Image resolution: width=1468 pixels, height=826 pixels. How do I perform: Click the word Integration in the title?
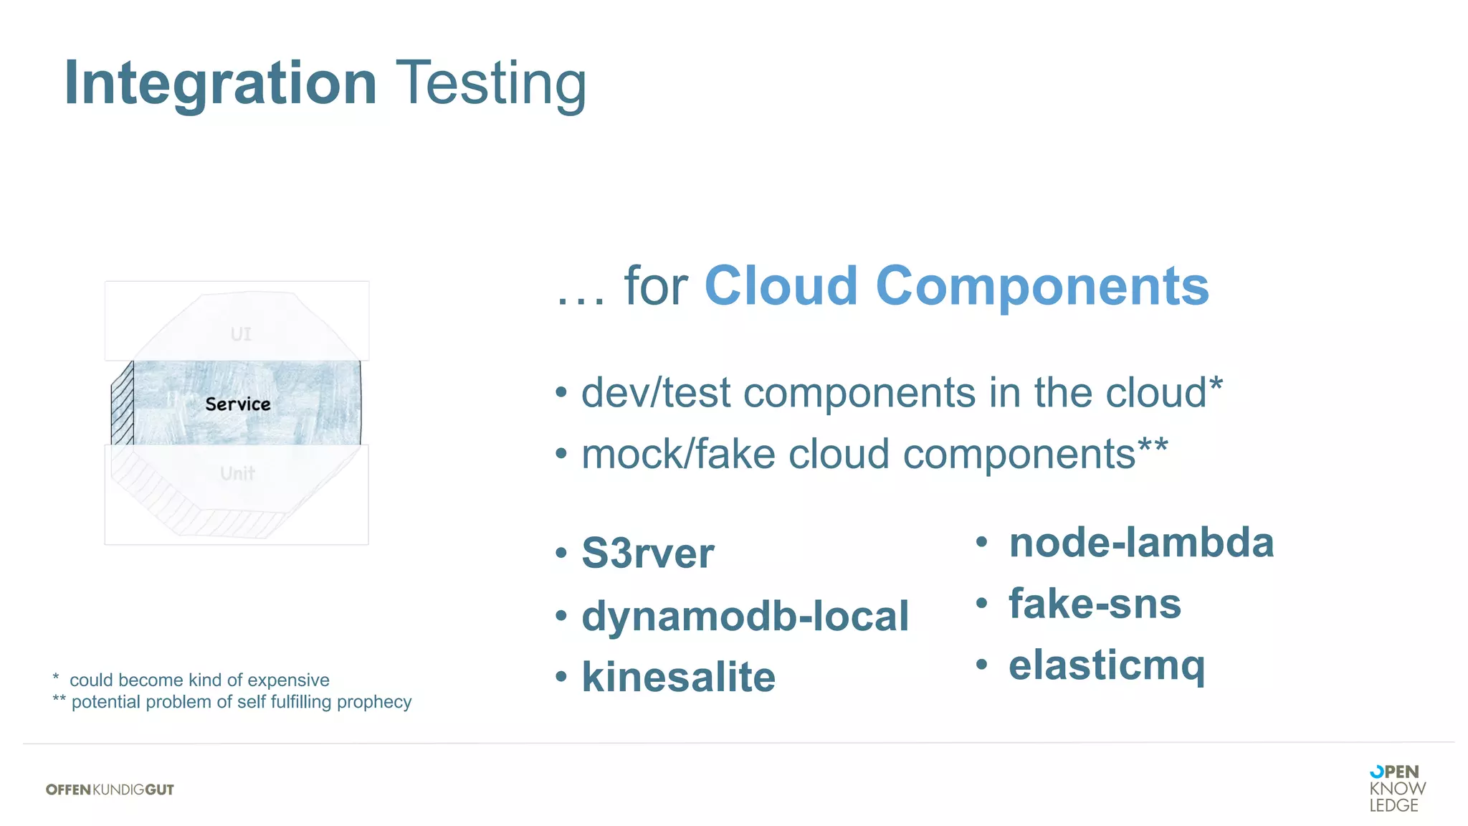[220, 84]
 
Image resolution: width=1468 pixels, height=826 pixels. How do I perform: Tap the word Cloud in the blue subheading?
[781, 286]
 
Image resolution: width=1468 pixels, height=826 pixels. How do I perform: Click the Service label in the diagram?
[238, 404]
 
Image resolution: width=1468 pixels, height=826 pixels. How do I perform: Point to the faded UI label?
[241, 334]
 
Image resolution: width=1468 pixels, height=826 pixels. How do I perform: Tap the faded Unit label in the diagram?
[237, 474]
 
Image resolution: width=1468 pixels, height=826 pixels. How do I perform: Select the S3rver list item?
[647, 554]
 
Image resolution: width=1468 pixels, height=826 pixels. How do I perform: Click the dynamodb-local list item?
[745, 616]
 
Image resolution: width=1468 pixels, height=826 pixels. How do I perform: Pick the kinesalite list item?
[678, 677]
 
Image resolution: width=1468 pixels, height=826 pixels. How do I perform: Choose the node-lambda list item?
[1141, 542]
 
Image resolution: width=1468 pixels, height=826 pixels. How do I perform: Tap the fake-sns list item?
[1095, 604]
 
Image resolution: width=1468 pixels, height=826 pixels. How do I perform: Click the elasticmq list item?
[1106, 666]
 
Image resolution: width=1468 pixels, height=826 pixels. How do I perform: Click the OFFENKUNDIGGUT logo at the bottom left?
[110, 789]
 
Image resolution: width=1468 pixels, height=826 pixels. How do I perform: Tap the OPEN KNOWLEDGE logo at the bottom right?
[1396, 788]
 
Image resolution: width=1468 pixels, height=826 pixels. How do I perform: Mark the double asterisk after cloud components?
[1153, 446]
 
